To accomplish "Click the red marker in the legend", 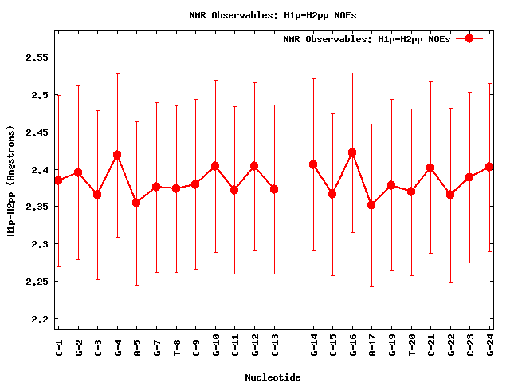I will pos(469,38).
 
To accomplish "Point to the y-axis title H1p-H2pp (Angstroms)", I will pos(10,180).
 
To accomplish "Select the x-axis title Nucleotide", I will pos(273,377).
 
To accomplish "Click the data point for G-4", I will pos(117,155).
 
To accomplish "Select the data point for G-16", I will pos(352,152).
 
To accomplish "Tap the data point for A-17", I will pos(371,205).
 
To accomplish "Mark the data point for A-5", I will pos(136,203).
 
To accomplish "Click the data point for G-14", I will pos(313,164).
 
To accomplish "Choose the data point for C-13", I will pos(274,189).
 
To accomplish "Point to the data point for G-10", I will pos(215,166).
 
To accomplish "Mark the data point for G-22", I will pos(450,195).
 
